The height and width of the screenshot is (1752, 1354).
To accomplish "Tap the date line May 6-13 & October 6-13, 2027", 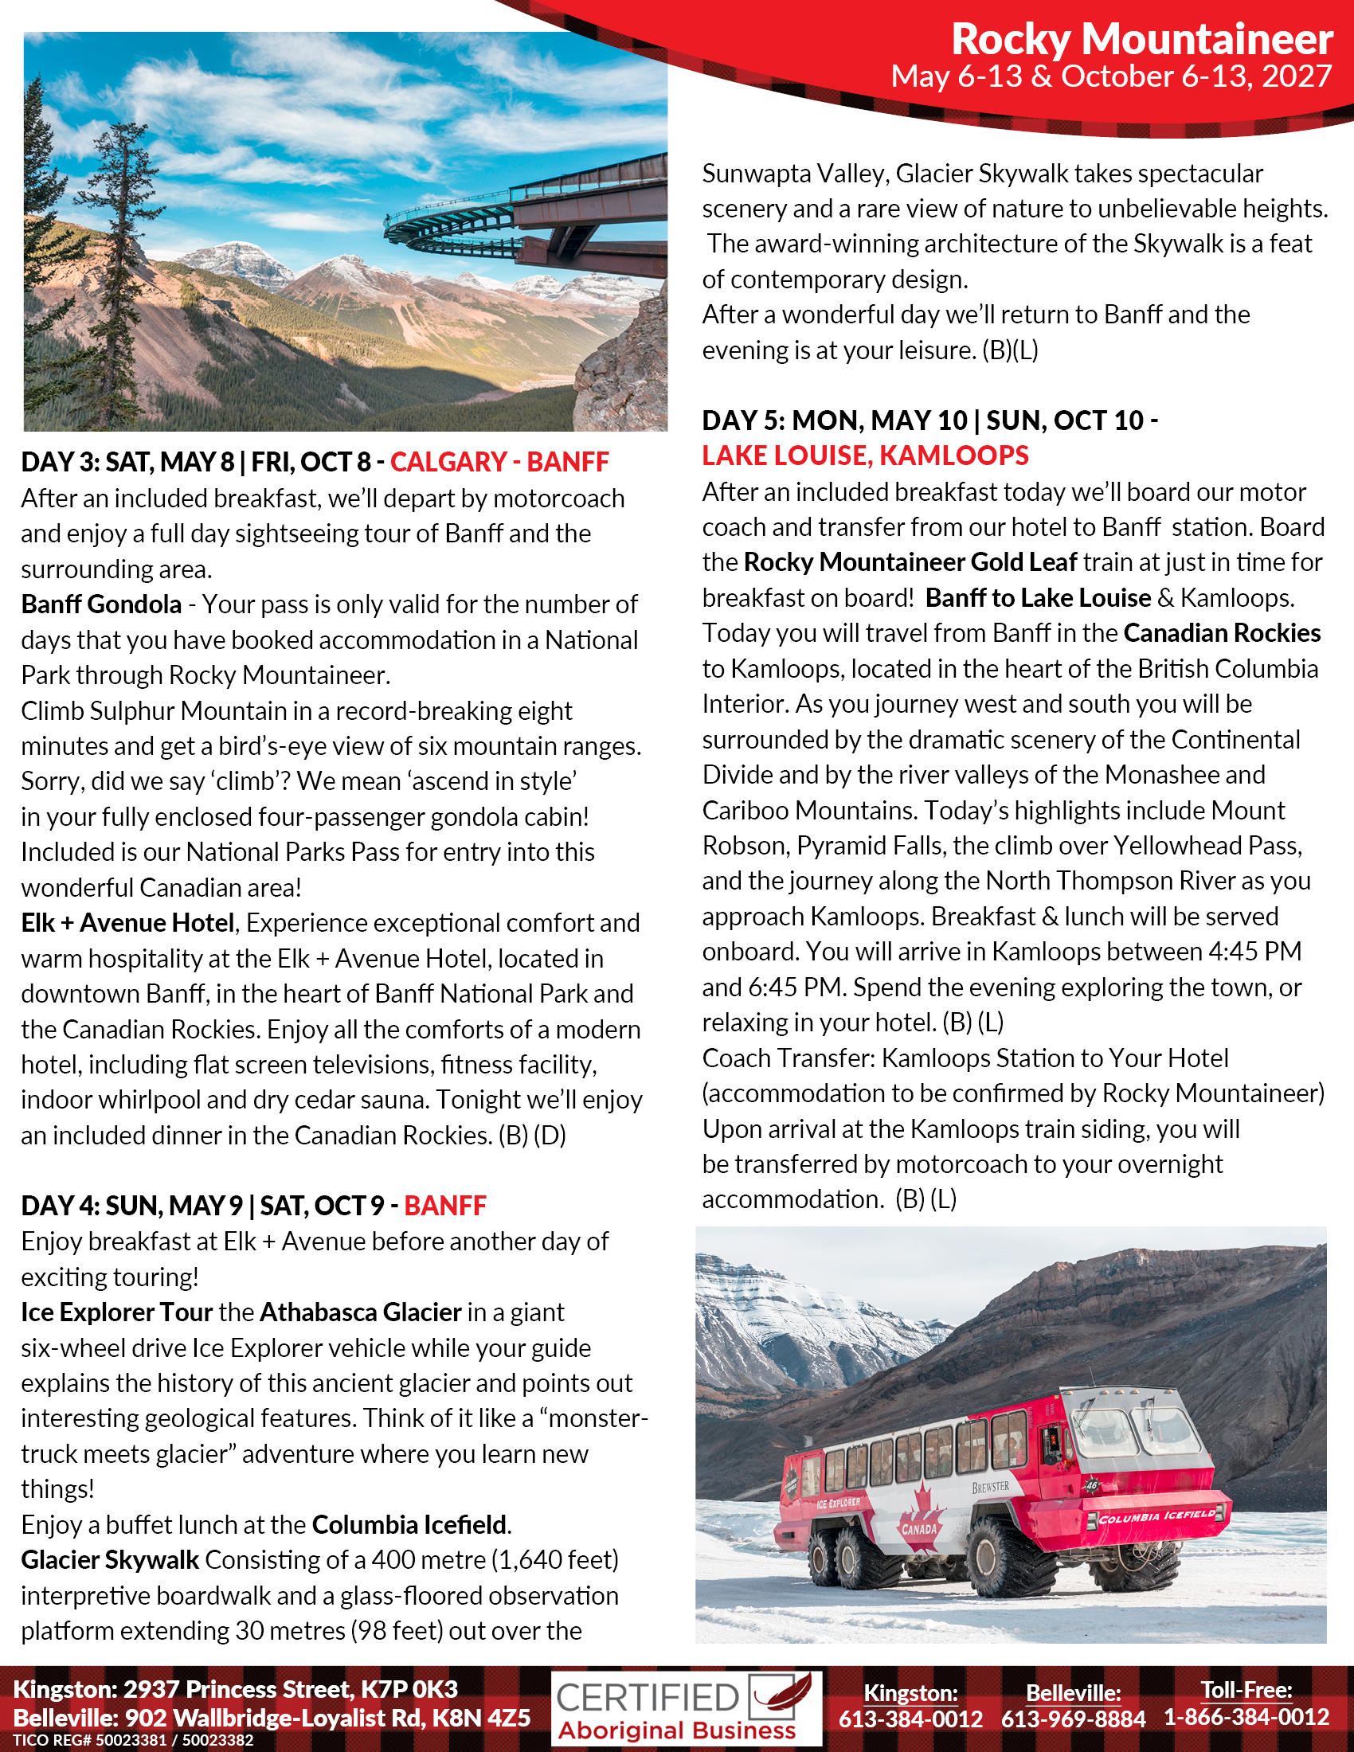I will click(1111, 76).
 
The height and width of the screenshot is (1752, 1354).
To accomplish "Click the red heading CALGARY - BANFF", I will click(499, 462).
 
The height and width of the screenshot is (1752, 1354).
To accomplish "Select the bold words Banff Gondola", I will click(101, 604).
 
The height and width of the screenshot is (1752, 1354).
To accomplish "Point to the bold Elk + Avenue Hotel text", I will click(127, 923).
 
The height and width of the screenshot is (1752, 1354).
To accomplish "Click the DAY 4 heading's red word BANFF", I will click(445, 1206).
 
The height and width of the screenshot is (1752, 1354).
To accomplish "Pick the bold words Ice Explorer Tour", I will click(116, 1312).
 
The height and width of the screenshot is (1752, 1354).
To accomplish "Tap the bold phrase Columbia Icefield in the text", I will click(409, 1524).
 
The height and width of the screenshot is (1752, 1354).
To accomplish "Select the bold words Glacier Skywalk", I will click(110, 1559).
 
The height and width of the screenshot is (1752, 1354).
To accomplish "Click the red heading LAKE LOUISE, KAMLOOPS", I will click(865, 456).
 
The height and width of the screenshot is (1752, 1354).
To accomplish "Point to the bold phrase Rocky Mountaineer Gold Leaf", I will click(910, 562).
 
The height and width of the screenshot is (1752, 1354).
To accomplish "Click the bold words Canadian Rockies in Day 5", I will click(1222, 633).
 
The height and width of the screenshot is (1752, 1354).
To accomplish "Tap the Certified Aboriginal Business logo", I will click(687, 1709).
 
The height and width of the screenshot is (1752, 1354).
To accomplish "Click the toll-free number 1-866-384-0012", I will click(1246, 1717).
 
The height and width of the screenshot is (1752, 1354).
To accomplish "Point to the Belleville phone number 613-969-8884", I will click(1073, 1719).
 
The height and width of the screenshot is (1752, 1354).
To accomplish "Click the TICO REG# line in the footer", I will click(133, 1740).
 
